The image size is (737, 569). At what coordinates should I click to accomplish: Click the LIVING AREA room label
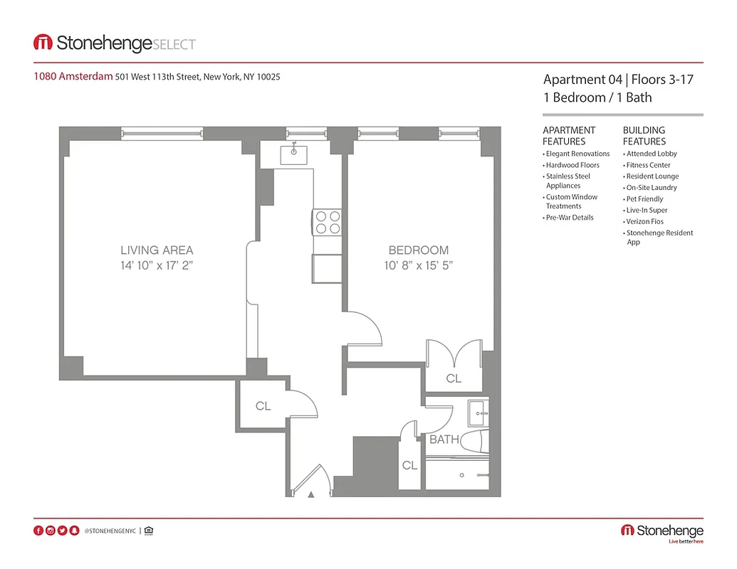click(x=157, y=250)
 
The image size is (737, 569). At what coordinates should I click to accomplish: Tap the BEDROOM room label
click(x=418, y=250)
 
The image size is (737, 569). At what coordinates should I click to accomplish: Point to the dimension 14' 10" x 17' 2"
click(x=157, y=266)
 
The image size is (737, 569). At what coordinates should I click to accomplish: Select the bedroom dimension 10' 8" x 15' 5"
click(x=418, y=266)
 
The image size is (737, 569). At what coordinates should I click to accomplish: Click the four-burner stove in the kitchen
click(x=327, y=222)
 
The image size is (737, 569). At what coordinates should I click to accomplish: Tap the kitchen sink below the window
click(x=293, y=154)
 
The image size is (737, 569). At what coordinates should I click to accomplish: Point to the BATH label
click(x=444, y=440)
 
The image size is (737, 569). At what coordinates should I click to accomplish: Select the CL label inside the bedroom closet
click(x=454, y=378)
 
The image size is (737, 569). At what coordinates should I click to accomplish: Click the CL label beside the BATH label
click(x=409, y=465)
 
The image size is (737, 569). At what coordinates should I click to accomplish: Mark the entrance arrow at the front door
click(x=311, y=494)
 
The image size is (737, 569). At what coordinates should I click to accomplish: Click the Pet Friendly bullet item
click(x=644, y=199)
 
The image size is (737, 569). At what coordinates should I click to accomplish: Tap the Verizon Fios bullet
click(x=645, y=222)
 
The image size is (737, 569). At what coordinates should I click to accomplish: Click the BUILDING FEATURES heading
click(x=644, y=135)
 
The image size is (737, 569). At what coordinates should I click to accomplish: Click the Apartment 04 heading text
click(x=582, y=80)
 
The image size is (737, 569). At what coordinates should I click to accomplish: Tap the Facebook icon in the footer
click(x=38, y=531)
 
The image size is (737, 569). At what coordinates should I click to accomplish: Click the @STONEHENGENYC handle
click(x=110, y=531)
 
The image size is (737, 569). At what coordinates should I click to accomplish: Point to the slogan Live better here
click(x=685, y=542)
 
